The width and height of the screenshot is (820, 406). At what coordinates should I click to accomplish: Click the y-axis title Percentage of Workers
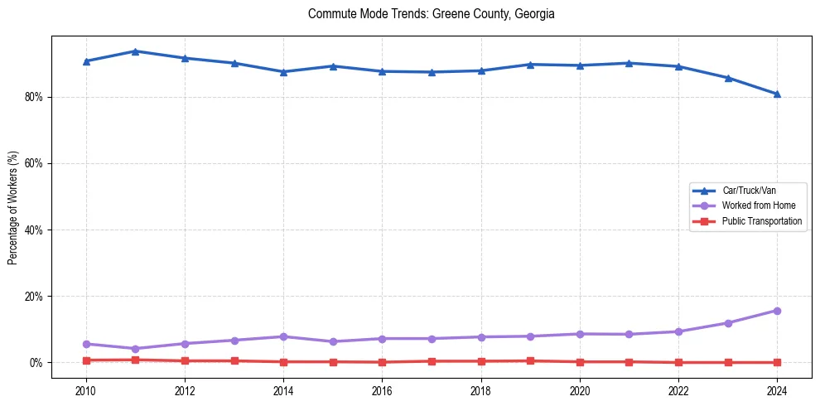pos(13,207)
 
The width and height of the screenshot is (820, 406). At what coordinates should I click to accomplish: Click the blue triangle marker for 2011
pos(135,51)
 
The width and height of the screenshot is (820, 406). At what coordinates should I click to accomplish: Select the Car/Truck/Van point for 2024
pos(777,94)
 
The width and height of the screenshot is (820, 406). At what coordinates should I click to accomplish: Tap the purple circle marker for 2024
pos(777,311)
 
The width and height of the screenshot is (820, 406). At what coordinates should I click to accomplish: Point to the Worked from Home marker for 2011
pos(135,349)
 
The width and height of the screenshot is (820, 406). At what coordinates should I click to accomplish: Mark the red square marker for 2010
pos(85,360)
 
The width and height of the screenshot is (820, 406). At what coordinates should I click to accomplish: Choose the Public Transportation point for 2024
pos(777,362)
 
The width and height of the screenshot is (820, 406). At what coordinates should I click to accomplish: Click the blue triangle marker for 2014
pos(283,72)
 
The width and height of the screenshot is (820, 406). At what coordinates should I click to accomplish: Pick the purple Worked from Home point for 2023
pos(728,323)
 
